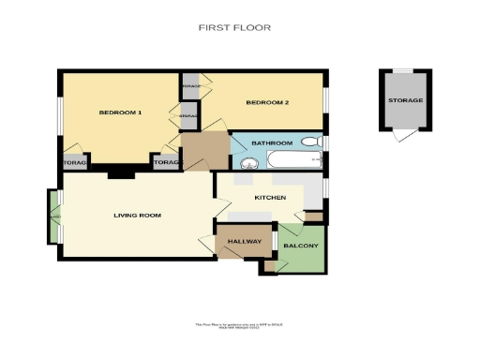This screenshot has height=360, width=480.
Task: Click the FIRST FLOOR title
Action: click(x=234, y=28)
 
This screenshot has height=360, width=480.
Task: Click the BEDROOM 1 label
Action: click(x=120, y=113)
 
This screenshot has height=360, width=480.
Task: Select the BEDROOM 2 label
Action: click(x=267, y=102)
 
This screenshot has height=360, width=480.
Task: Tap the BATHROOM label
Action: click(x=272, y=142)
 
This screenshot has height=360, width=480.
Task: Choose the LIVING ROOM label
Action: click(x=137, y=216)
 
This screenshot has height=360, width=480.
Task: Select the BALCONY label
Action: click(x=301, y=247)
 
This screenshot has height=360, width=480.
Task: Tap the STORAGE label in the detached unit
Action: click(x=406, y=100)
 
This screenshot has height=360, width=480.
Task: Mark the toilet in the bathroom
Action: click(x=317, y=142)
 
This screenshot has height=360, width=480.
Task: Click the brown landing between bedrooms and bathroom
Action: click(x=204, y=150)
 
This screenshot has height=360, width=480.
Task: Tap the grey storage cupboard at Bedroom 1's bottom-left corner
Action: click(x=75, y=163)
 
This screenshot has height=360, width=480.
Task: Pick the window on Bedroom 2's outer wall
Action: click(x=325, y=101)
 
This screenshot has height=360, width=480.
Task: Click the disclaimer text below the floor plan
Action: click(x=239, y=325)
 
